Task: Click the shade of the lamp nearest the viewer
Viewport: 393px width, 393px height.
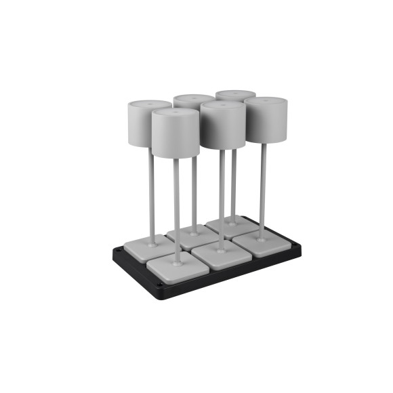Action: (175, 136)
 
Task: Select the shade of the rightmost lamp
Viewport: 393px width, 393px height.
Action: (266, 122)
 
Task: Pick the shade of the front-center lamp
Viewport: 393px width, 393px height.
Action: (222, 129)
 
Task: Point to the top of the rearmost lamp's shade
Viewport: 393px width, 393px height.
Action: (235, 94)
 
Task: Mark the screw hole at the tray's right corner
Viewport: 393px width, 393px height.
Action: (295, 247)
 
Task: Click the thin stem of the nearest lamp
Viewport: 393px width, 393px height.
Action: (177, 210)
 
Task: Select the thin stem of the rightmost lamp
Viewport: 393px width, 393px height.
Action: (264, 190)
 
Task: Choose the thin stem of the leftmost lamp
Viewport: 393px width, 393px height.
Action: (152, 196)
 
